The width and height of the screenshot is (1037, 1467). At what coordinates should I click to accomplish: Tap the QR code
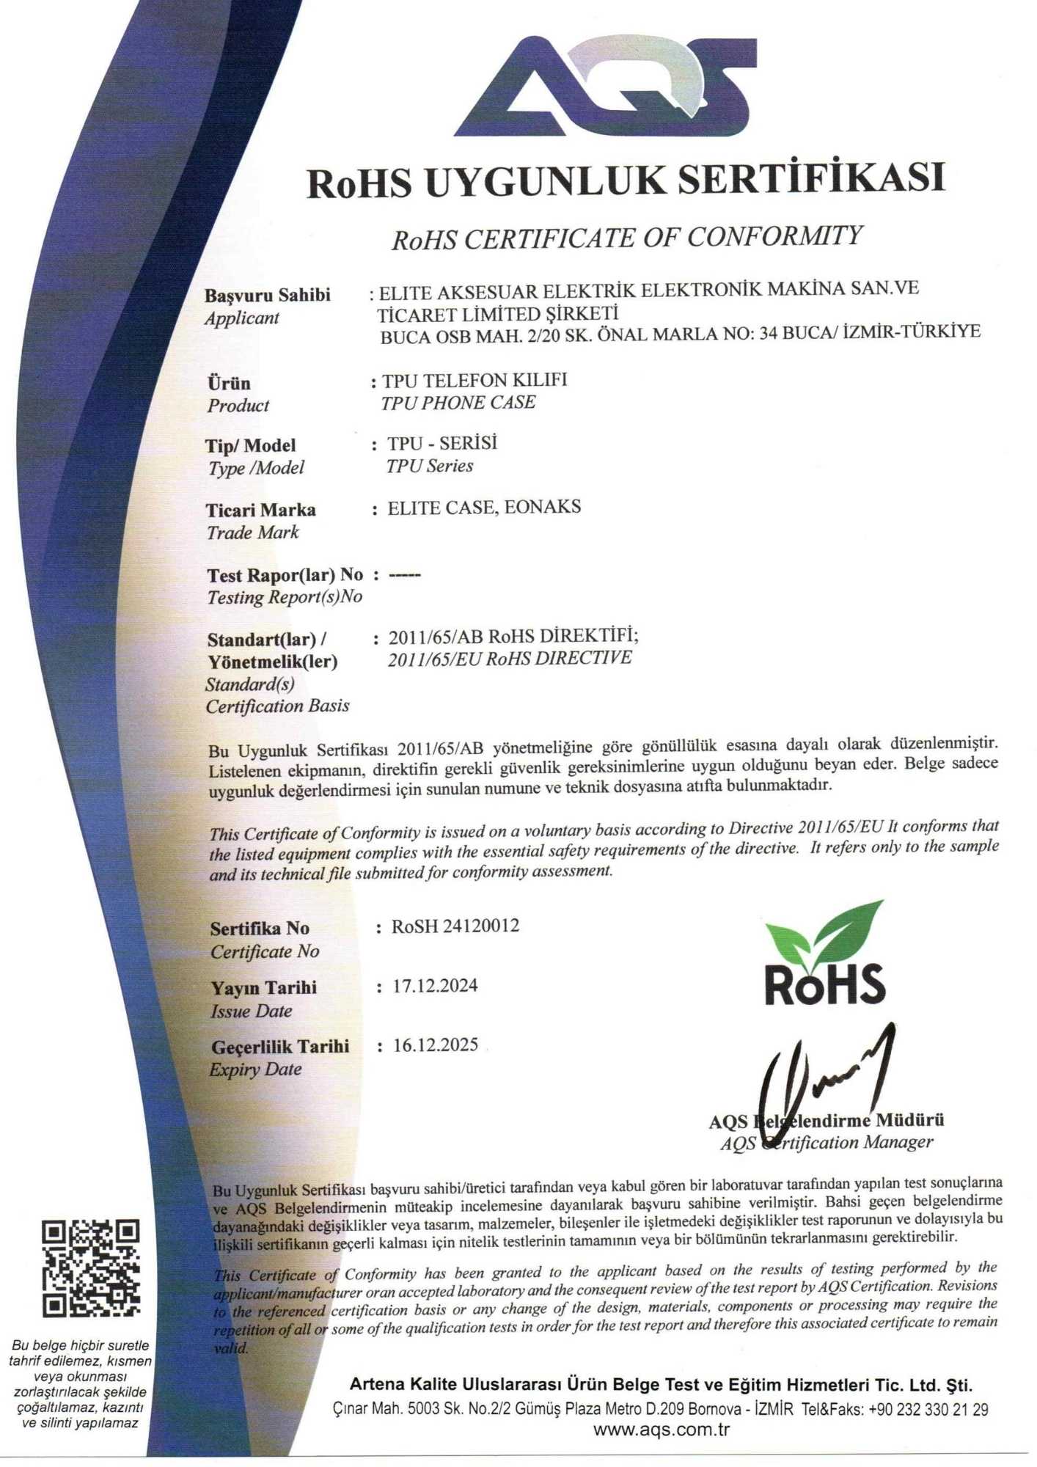coord(91,1267)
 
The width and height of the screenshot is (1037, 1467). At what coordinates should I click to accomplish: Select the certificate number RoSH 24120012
coord(455,926)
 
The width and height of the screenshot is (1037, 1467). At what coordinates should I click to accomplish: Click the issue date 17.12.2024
coord(435,986)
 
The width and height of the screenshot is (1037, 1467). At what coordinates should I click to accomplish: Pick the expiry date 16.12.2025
coord(435,1045)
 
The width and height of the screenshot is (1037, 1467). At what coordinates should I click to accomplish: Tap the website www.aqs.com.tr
coord(661,1430)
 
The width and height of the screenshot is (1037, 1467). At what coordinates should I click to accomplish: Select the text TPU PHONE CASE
coord(458,403)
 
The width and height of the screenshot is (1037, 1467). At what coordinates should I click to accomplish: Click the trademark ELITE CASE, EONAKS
coord(484,508)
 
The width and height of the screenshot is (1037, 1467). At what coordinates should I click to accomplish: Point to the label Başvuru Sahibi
coord(267,295)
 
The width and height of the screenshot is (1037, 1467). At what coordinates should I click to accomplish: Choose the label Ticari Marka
coord(260,510)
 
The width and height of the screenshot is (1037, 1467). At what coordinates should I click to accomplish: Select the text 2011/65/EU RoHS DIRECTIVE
coord(509,658)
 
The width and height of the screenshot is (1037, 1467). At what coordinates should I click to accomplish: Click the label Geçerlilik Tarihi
coord(280,1047)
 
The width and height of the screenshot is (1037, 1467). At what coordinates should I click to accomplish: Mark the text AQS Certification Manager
coord(826,1143)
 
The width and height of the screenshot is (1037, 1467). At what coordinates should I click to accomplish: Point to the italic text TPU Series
coord(430,466)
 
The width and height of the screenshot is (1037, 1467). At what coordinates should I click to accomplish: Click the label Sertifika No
coord(260,929)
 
